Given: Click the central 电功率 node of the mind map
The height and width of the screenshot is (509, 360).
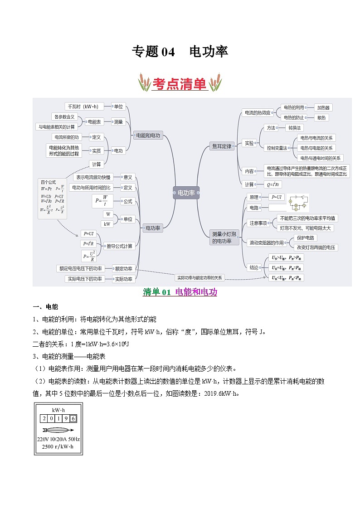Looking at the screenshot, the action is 186,193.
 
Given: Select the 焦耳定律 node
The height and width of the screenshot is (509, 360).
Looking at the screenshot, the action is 222,146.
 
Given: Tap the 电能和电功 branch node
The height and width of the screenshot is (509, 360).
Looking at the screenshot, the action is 148,135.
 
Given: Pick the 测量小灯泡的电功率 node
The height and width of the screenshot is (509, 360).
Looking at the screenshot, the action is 222,238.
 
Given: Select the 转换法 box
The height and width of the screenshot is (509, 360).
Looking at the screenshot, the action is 297,128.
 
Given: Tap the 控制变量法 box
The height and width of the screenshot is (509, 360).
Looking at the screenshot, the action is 277,148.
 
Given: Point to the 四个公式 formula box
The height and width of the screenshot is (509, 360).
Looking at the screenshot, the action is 52,198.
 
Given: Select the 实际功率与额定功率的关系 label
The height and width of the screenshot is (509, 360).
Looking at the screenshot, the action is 199,277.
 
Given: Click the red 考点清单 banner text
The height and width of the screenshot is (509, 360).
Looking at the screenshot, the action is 180,84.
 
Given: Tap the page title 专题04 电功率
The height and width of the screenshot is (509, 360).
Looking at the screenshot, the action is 180,52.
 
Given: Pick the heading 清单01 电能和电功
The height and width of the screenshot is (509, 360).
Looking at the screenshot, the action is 180,292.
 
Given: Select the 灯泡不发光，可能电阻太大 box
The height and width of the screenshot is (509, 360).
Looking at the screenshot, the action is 306,228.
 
